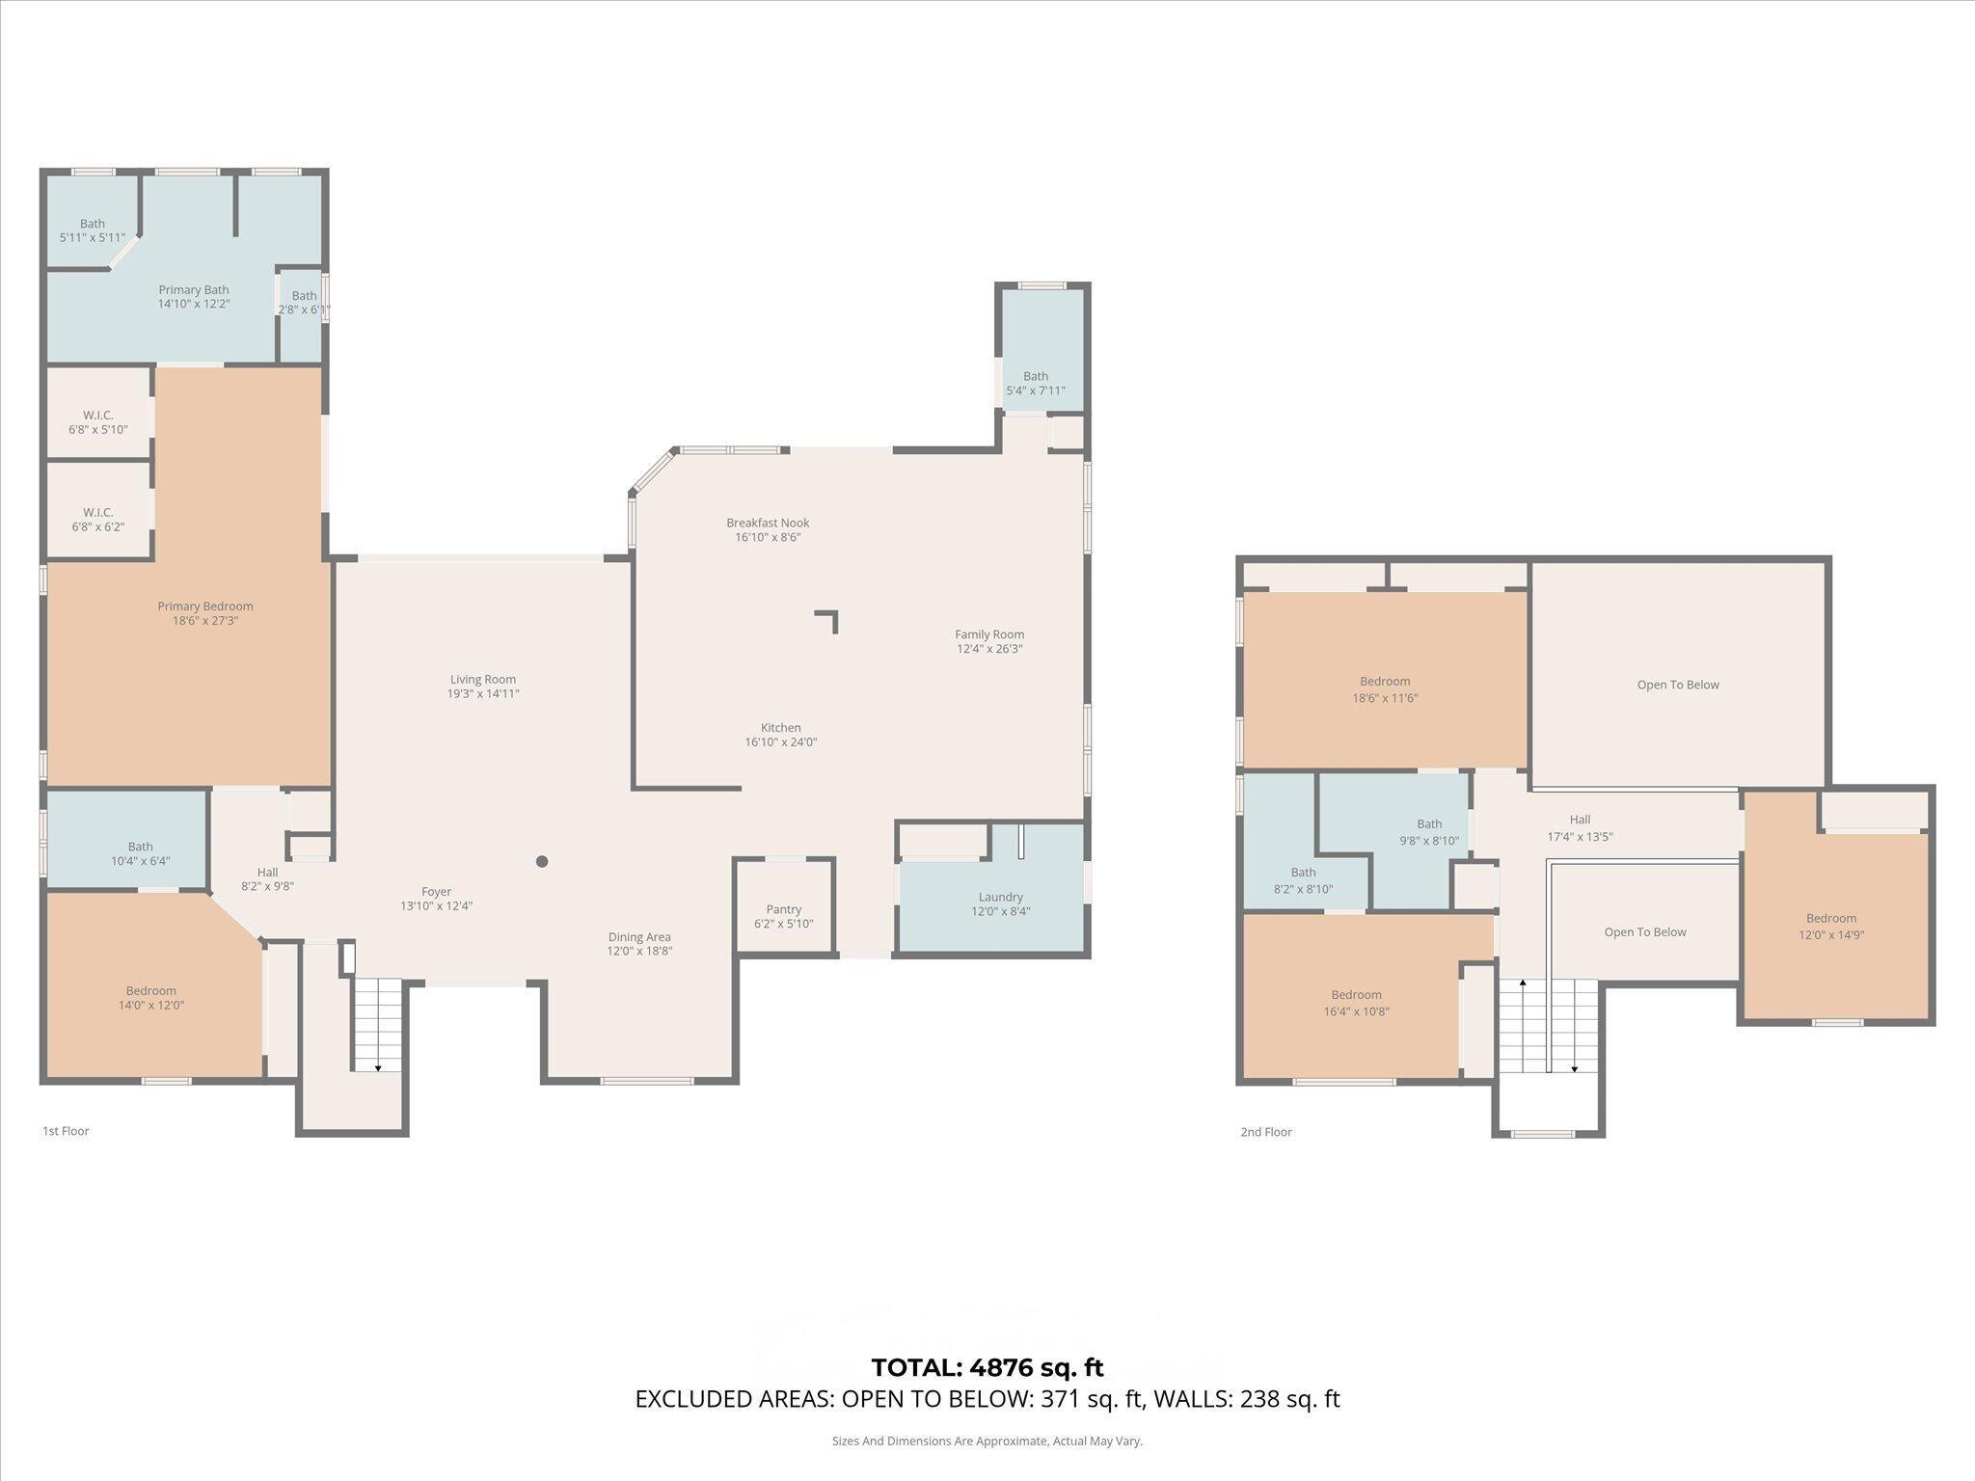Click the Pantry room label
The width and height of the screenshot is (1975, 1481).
783,909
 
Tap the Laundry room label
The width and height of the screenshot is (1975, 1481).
999,897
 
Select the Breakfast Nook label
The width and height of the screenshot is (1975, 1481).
768,523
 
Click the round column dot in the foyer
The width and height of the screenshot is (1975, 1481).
542,861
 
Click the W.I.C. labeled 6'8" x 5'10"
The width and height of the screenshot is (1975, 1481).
97,422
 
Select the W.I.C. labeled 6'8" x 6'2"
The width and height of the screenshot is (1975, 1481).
97,519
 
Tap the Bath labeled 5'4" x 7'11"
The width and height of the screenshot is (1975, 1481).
1035,383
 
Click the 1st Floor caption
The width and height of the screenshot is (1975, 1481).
66,1131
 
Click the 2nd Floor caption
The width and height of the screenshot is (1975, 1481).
1265,1132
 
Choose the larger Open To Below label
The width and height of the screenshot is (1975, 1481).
1677,685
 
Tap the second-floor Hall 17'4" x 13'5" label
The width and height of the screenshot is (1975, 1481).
1579,828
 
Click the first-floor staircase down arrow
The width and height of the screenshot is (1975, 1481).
377,1066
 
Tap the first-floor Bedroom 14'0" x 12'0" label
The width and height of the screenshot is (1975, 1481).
150,997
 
